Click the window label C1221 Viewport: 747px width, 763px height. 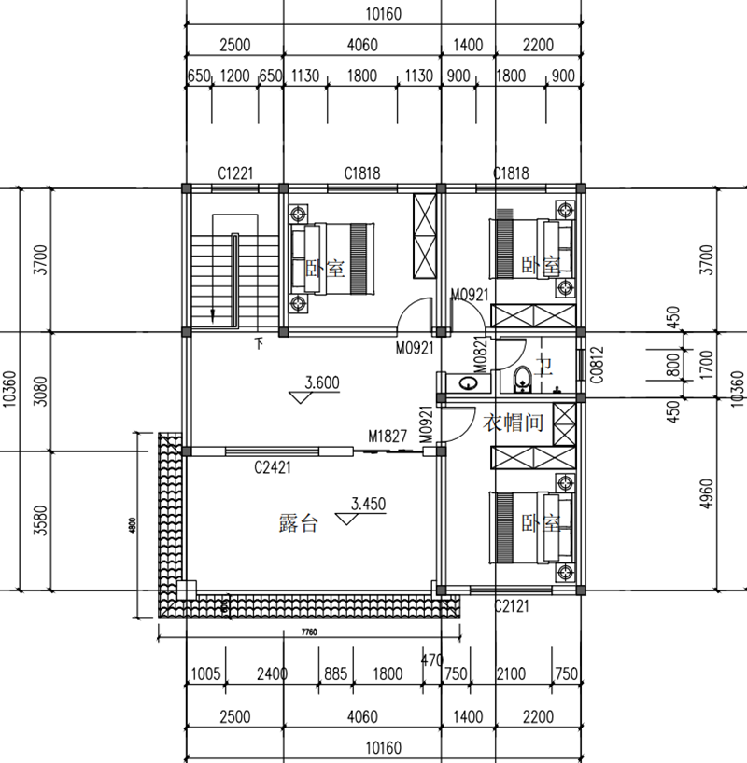(x=236, y=173)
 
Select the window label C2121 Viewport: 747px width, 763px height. (x=512, y=606)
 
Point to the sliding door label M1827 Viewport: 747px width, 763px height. (x=387, y=436)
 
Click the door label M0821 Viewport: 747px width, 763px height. (x=479, y=355)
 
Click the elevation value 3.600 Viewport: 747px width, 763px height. (x=321, y=381)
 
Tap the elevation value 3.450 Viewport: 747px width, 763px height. (x=368, y=504)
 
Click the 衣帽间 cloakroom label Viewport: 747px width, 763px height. (x=513, y=423)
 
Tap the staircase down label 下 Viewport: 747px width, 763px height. (x=259, y=344)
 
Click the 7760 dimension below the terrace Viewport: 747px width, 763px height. (x=310, y=632)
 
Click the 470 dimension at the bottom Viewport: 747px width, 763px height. (x=431, y=661)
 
